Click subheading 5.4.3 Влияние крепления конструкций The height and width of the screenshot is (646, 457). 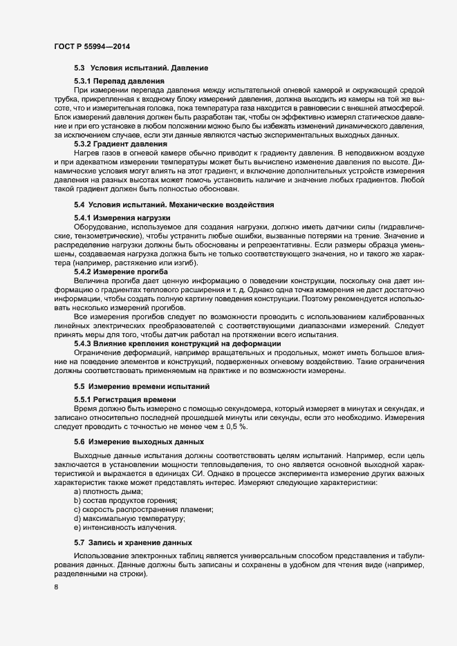click(177, 343)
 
